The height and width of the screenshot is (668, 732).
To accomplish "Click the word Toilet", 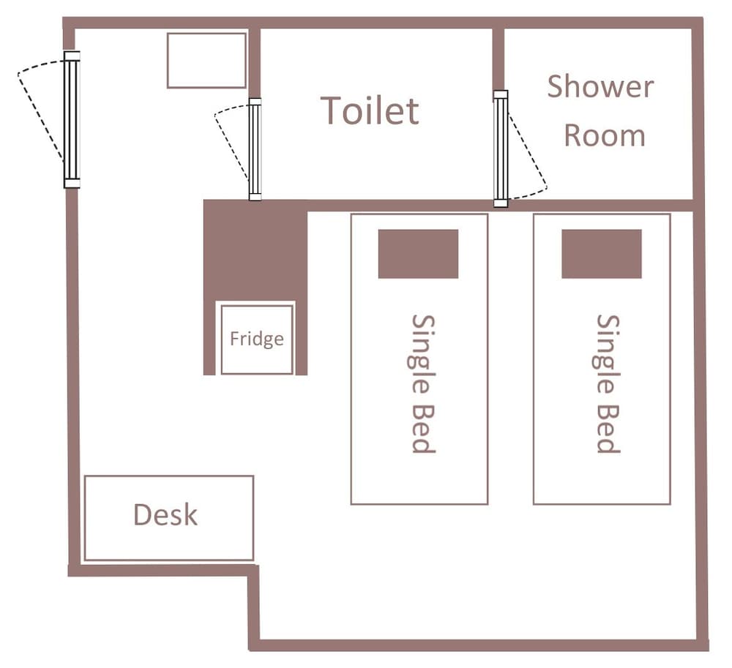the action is [370, 111].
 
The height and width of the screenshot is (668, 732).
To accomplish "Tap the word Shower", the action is [600, 86].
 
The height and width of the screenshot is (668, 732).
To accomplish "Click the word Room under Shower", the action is [605, 135].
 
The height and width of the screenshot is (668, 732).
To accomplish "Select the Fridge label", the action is [257, 339].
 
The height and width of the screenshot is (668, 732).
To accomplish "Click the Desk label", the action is [165, 514].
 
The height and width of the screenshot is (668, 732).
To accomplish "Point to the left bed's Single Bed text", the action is [424, 383].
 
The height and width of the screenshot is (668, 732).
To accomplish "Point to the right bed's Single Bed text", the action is [608, 383].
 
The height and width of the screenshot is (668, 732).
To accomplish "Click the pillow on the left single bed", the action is [418, 254].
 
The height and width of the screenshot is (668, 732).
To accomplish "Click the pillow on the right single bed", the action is [601, 254].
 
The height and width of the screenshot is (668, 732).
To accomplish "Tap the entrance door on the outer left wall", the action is [72, 119].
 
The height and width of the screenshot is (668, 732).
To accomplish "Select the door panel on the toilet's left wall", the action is [255, 149].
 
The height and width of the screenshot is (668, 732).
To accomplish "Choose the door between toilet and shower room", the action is [501, 149].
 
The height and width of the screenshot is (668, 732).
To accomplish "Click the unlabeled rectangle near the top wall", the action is [207, 60].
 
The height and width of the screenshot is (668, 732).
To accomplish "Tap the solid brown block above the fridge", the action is [255, 250].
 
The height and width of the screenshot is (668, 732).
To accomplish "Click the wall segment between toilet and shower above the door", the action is [498, 59].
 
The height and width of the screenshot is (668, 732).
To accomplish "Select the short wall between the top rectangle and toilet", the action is [255, 63].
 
